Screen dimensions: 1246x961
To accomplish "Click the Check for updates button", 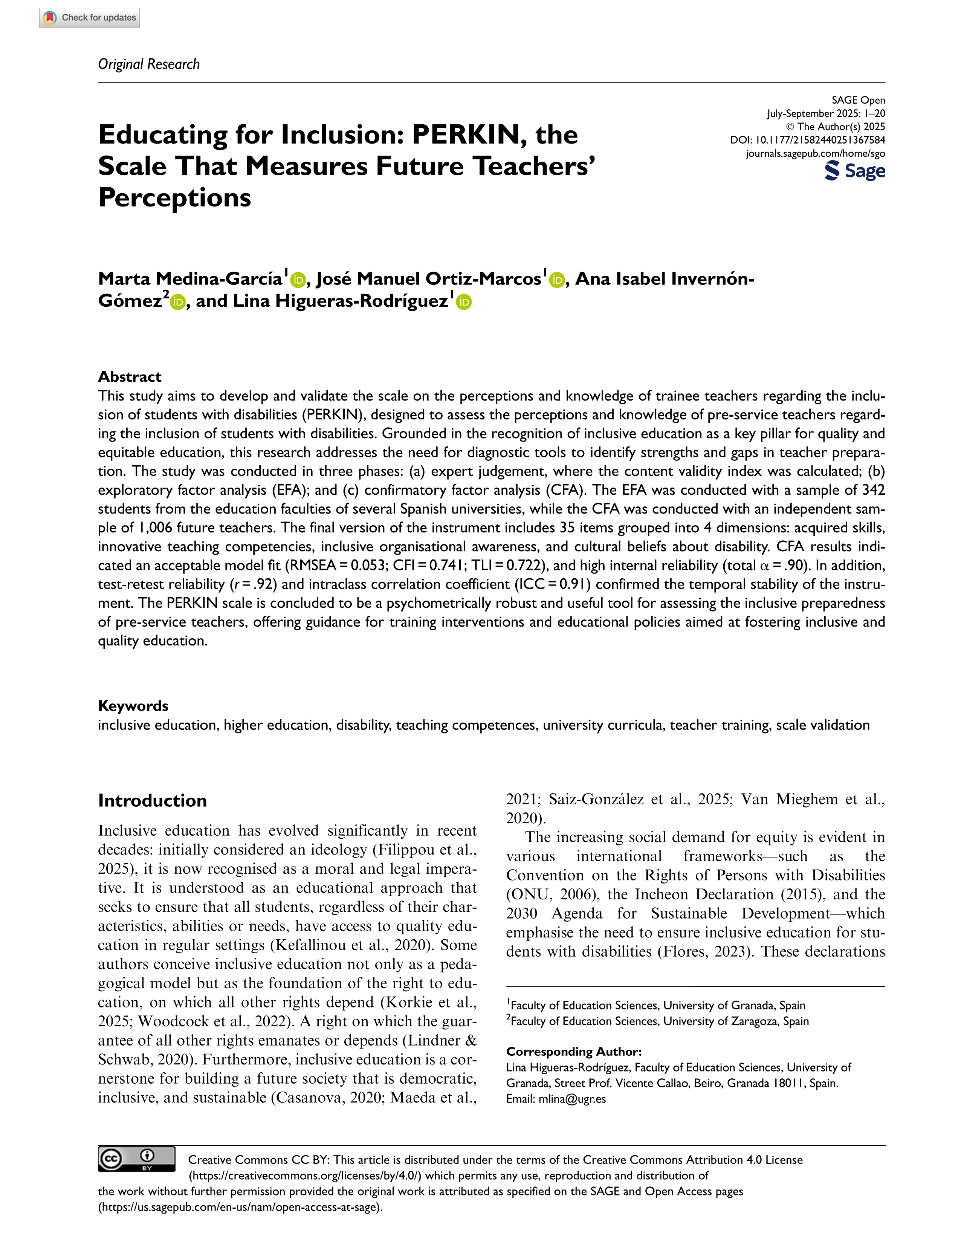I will click(90, 18).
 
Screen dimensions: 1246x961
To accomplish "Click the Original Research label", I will click(149, 64).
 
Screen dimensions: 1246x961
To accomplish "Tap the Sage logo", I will click(854, 171).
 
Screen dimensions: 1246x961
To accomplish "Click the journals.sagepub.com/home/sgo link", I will click(815, 153).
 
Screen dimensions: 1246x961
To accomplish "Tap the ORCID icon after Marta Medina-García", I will click(298, 280).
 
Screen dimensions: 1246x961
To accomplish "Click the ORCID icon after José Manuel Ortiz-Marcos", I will click(557, 280).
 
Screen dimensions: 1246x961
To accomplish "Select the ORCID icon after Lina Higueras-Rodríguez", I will click(464, 303).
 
